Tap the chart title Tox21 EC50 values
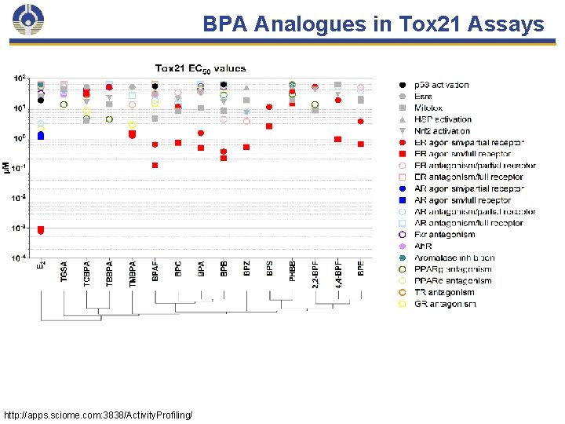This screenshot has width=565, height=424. (x=200, y=68)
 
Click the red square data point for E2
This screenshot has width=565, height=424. (x=41, y=230)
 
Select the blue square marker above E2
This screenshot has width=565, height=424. (x=41, y=136)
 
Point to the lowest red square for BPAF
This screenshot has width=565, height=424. (x=155, y=165)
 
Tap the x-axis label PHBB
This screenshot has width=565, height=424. (x=293, y=269)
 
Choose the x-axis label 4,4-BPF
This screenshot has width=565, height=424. (x=338, y=273)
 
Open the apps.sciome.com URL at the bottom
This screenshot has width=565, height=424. (x=98, y=414)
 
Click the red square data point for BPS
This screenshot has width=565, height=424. (x=269, y=126)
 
